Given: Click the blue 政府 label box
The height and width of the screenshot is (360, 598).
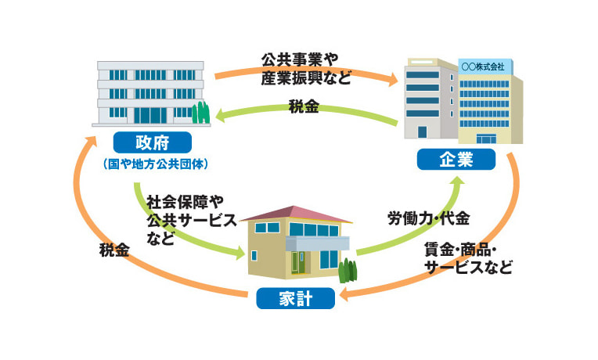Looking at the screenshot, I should (x=152, y=142).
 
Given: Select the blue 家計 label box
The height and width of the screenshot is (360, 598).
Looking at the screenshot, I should (x=295, y=298).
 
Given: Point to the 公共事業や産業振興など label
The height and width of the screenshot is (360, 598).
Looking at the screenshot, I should (x=304, y=68).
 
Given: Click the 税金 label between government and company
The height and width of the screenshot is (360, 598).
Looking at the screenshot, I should (x=303, y=107).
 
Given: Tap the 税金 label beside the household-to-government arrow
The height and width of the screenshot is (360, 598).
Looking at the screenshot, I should (x=113, y=250).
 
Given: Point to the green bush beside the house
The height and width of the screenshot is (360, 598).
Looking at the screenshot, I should (x=348, y=271).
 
